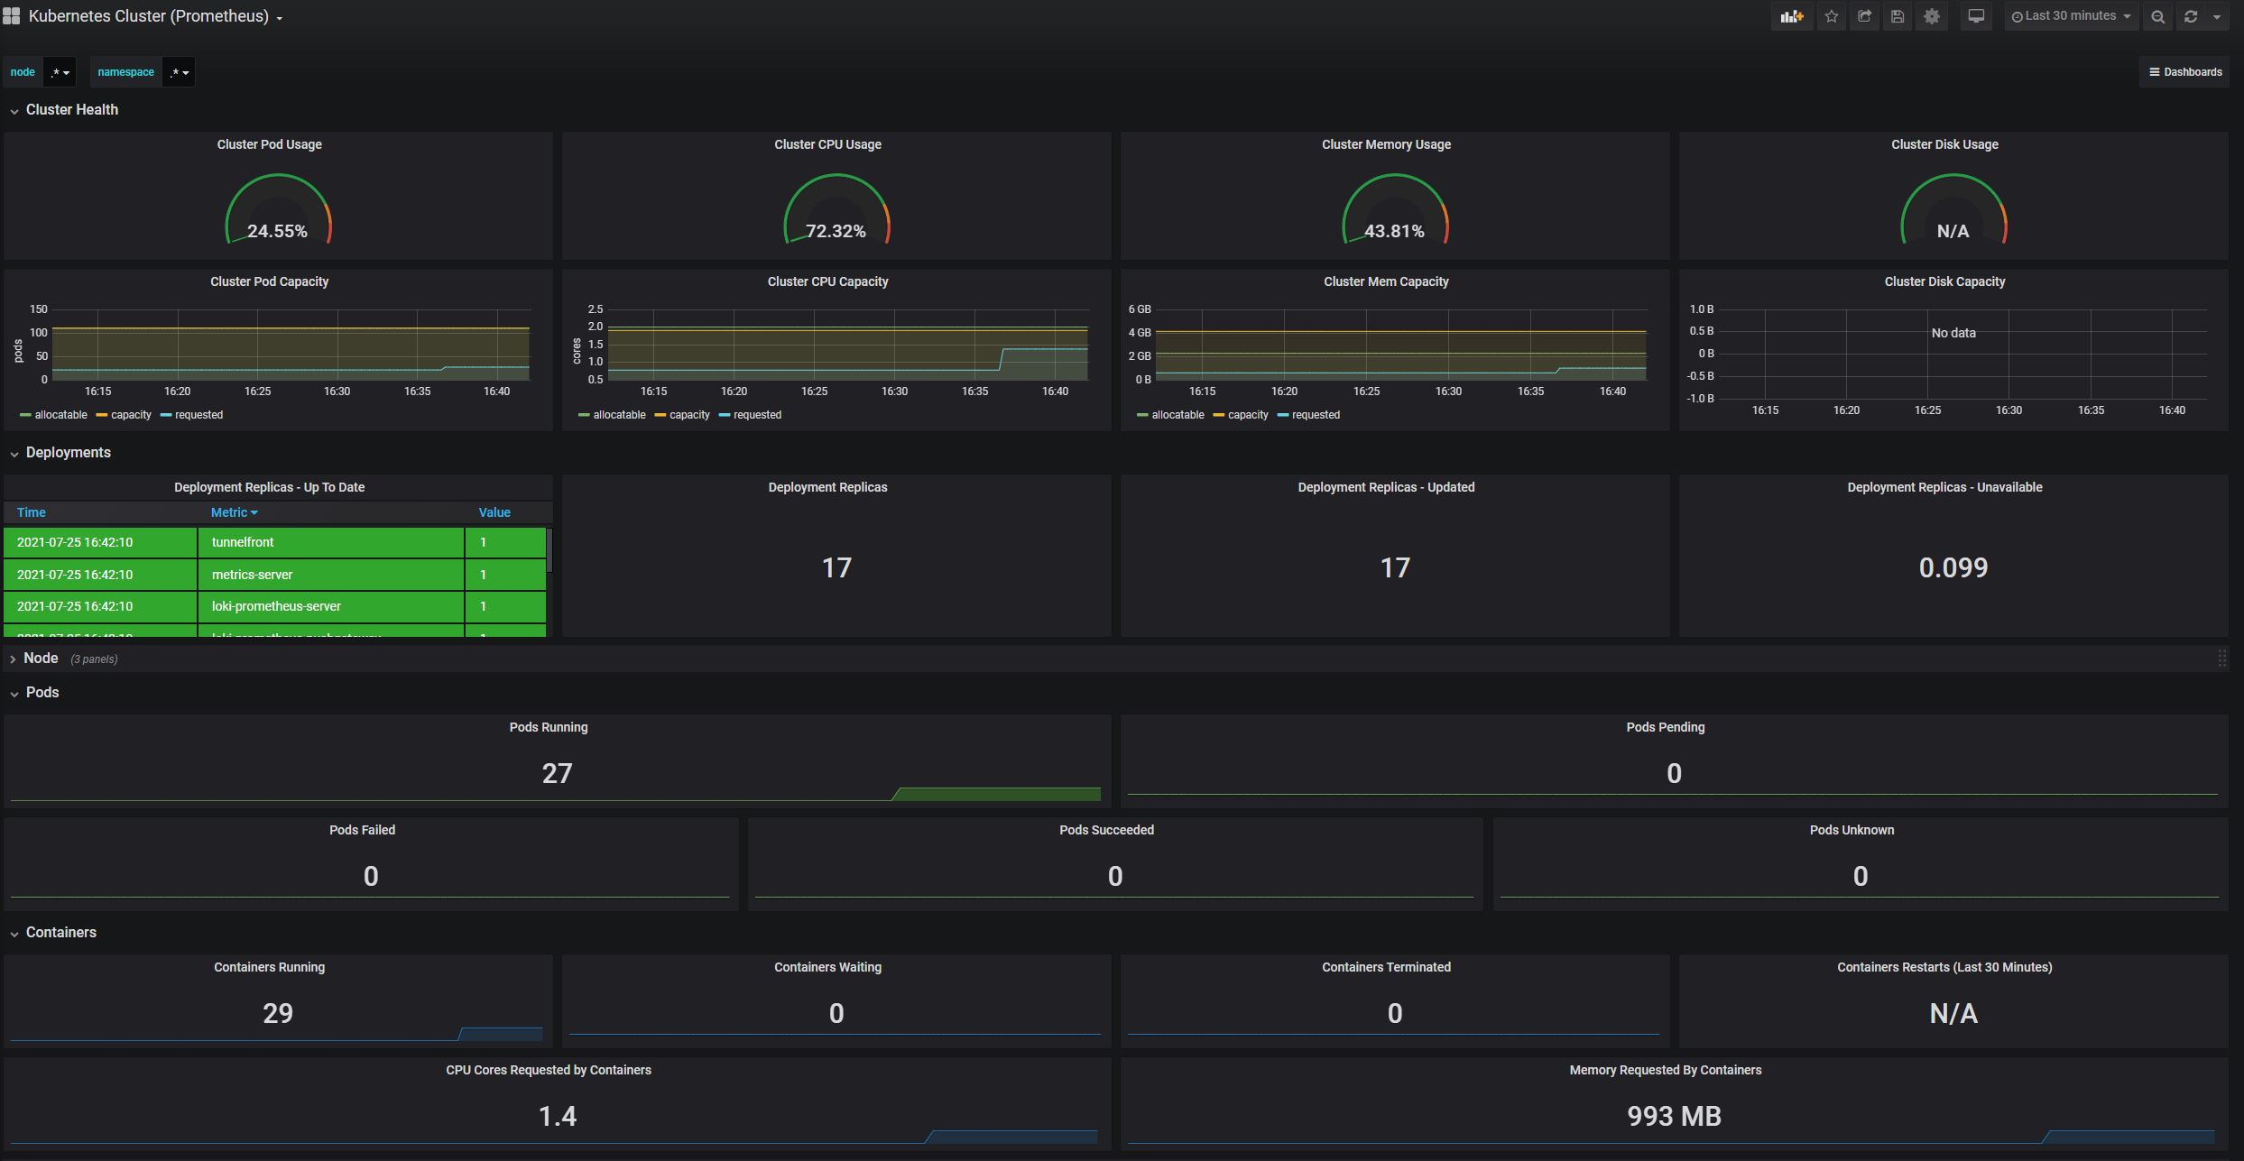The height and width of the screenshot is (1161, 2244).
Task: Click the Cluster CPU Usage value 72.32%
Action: click(x=836, y=231)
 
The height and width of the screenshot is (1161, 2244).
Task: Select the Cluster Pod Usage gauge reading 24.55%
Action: click(x=277, y=231)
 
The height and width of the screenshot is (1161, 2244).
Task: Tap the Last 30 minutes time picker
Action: click(x=2071, y=16)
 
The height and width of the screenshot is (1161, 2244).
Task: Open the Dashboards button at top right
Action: click(x=2185, y=72)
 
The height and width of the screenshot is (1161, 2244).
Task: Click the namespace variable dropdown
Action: click(x=179, y=72)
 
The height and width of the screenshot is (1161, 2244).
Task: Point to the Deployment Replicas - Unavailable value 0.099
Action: click(x=1953, y=567)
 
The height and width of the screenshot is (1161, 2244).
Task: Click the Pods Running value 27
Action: click(x=557, y=773)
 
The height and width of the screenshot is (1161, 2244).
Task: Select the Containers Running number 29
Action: click(x=278, y=1013)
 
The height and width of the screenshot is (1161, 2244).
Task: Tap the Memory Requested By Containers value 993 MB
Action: click(x=1674, y=1116)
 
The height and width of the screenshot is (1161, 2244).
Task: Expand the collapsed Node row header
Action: click(x=41, y=659)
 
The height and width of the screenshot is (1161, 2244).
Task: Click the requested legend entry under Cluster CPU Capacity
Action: click(x=756, y=415)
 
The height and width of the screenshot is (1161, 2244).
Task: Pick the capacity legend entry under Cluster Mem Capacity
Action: click(x=1247, y=415)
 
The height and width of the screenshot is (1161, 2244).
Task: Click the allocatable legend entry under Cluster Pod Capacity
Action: click(x=60, y=415)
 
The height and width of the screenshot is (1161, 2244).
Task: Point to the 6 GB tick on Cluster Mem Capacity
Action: click(x=1139, y=309)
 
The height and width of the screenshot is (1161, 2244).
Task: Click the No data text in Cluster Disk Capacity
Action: click(x=1953, y=333)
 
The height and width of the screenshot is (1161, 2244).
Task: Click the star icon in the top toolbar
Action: click(x=1831, y=16)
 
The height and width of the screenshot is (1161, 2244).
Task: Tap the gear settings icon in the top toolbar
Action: click(x=1931, y=16)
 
